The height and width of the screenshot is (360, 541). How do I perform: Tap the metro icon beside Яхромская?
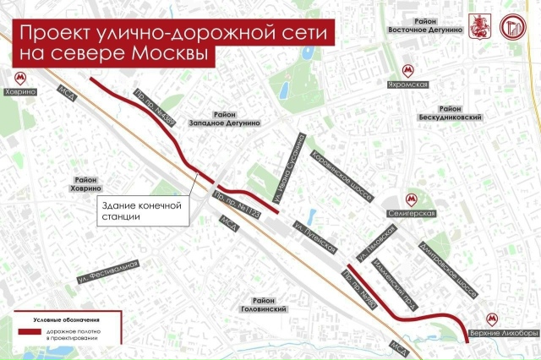click(408, 70)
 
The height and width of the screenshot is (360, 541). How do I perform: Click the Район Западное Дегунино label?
click(237, 118)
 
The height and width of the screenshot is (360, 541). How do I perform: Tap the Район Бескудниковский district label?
click(461, 113)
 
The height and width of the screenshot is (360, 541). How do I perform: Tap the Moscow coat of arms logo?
click(478, 25)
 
